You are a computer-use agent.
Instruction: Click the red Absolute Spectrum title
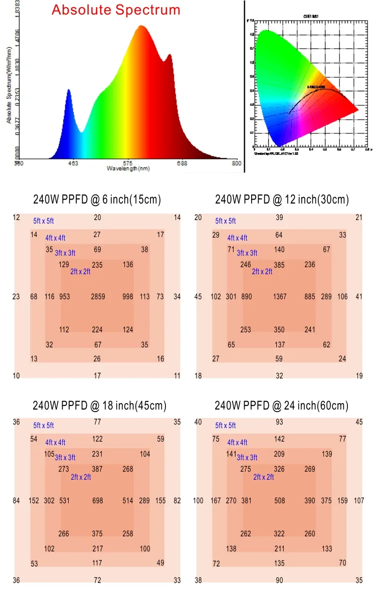tap(116, 10)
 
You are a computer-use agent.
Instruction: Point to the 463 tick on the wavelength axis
tap(73, 163)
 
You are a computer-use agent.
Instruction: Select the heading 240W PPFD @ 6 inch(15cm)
tap(97, 200)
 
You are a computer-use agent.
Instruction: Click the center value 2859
tap(98, 297)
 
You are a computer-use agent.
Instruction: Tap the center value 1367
tap(280, 297)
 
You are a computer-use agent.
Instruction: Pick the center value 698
tap(98, 501)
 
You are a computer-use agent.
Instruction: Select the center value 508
tap(280, 501)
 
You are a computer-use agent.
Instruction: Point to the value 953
tap(65, 297)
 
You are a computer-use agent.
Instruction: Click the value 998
tap(128, 297)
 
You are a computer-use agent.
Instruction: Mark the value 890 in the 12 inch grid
tap(247, 297)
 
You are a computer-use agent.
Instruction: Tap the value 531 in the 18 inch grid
tap(65, 501)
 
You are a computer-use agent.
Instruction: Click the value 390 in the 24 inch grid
tap(310, 501)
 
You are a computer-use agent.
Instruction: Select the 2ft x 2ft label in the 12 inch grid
tap(262, 272)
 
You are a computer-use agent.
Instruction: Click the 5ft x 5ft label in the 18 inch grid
tap(44, 426)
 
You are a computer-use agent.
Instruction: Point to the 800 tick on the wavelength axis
tap(237, 163)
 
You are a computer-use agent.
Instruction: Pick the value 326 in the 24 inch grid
tap(280, 469)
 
